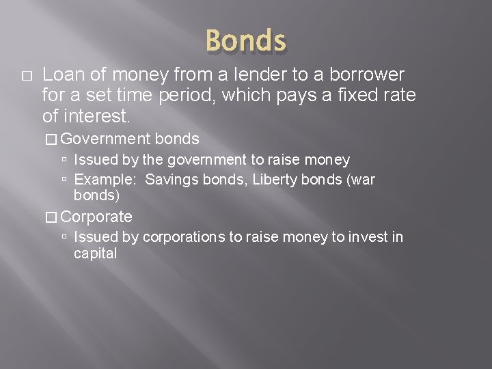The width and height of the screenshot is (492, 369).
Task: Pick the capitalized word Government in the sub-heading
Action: (x=106, y=139)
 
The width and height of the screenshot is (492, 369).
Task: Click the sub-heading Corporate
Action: (x=96, y=217)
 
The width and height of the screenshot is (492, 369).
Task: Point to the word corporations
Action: (x=179, y=237)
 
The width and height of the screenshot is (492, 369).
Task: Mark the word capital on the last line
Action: (x=95, y=254)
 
